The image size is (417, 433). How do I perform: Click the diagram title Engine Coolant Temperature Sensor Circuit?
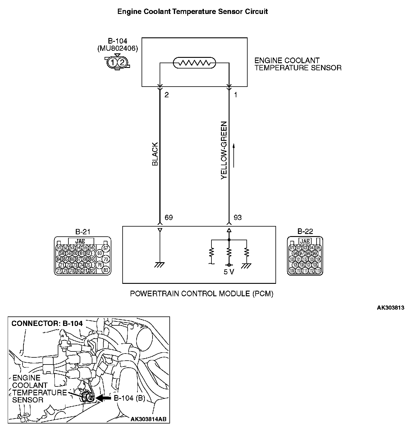click(x=193, y=12)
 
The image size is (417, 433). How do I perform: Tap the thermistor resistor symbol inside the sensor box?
click(x=194, y=63)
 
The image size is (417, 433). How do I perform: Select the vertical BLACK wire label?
click(x=155, y=154)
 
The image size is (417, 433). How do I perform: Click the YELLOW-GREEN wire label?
click(x=224, y=150)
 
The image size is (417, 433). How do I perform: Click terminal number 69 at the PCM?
click(x=169, y=218)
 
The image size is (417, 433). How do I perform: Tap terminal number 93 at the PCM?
click(x=238, y=218)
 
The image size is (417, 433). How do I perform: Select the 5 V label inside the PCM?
click(x=229, y=272)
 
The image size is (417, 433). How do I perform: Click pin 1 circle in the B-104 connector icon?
click(x=113, y=62)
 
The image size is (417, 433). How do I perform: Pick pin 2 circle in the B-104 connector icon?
click(x=122, y=62)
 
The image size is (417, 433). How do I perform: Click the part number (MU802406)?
click(x=118, y=48)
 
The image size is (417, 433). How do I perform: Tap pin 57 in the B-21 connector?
click(x=105, y=248)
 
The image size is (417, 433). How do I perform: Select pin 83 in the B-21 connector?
click(x=106, y=270)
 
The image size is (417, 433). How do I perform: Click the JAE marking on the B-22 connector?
click(x=305, y=241)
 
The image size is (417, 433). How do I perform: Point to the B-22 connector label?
click(x=305, y=231)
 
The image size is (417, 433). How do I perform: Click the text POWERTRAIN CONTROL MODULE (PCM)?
click(x=202, y=294)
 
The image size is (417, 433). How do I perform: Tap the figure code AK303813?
click(x=390, y=308)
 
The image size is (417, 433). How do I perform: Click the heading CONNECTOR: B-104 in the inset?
click(x=47, y=323)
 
